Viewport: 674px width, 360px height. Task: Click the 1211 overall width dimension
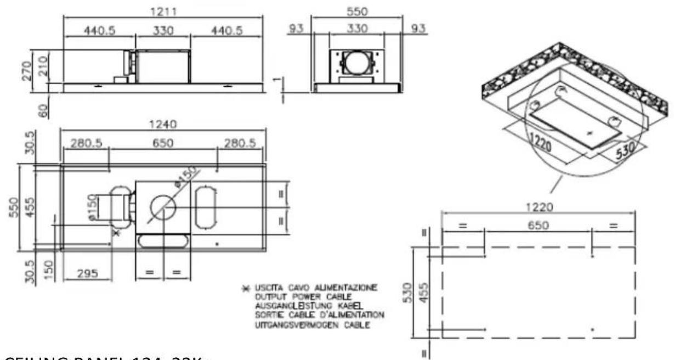[x=163, y=12]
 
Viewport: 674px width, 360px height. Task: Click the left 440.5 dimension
[x=99, y=31]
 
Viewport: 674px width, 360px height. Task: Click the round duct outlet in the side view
[x=357, y=64]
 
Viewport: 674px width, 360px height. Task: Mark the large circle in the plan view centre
[x=163, y=209]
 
